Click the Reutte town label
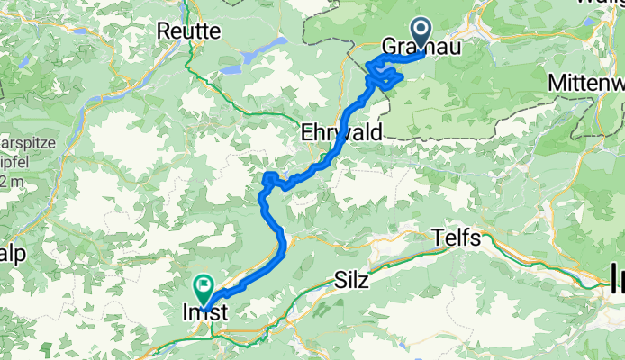(188, 31)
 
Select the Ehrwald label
(341, 131)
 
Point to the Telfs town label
(457, 238)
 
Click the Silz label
(350, 280)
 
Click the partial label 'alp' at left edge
(13, 254)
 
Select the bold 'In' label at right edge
(616, 273)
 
